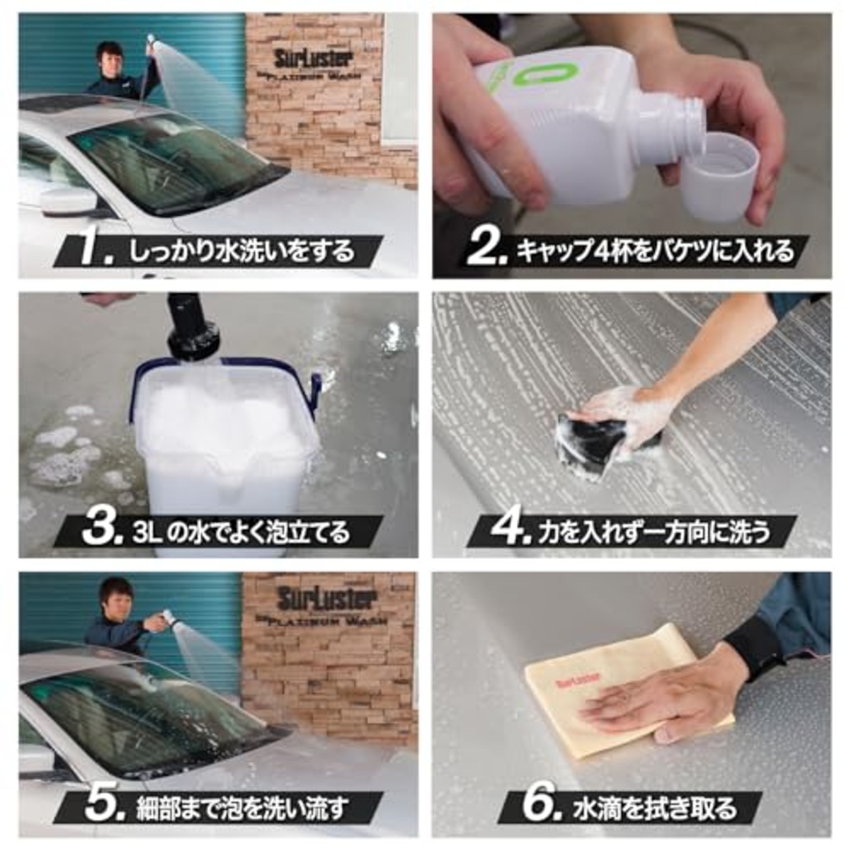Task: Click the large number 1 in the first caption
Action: coord(92,251)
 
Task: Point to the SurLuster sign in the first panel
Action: coord(312,59)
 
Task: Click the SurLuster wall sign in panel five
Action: coord(326,598)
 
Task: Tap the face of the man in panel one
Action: coord(109,57)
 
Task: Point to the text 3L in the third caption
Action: coord(146,533)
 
